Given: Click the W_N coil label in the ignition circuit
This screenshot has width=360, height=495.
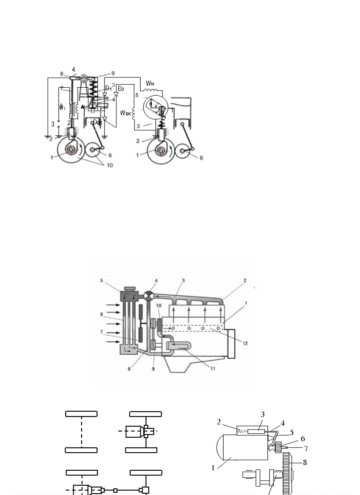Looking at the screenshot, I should (x=150, y=82).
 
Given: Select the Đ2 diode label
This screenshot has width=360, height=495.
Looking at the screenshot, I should (x=120, y=89).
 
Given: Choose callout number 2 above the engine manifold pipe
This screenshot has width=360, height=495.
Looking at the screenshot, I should (x=245, y=280).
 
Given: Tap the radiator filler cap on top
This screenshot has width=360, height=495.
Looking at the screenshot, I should (x=129, y=289).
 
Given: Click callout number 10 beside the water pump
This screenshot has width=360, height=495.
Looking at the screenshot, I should (x=159, y=305).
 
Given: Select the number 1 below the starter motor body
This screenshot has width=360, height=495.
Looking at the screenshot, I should (x=213, y=468).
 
